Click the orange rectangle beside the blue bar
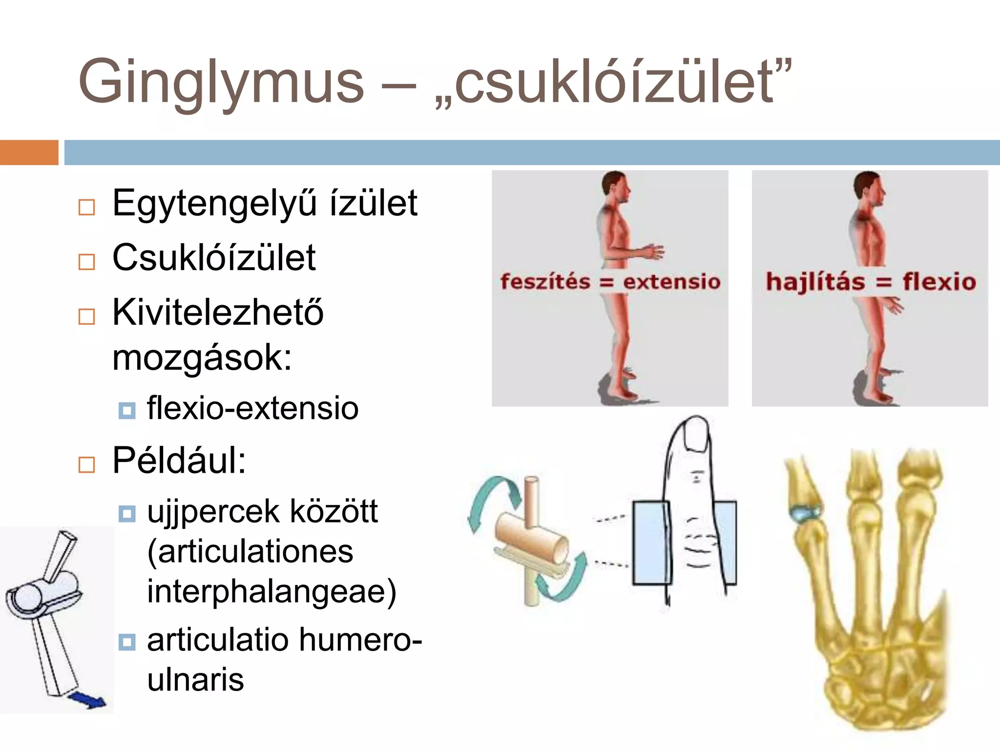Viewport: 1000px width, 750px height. click(29, 152)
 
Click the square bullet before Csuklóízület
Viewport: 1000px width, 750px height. click(86, 262)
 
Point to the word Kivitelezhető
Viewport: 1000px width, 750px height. click(217, 312)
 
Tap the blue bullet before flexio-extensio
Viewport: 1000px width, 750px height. click(127, 410)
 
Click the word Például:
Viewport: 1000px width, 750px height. click(179, 461)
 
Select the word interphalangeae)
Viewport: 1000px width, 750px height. click(271, 592)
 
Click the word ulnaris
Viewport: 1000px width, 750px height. click(195, 680)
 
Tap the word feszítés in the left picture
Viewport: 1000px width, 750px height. click(545, 282)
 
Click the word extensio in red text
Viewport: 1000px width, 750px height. click(671, 282)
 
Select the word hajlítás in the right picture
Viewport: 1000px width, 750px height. click(815, 282)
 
